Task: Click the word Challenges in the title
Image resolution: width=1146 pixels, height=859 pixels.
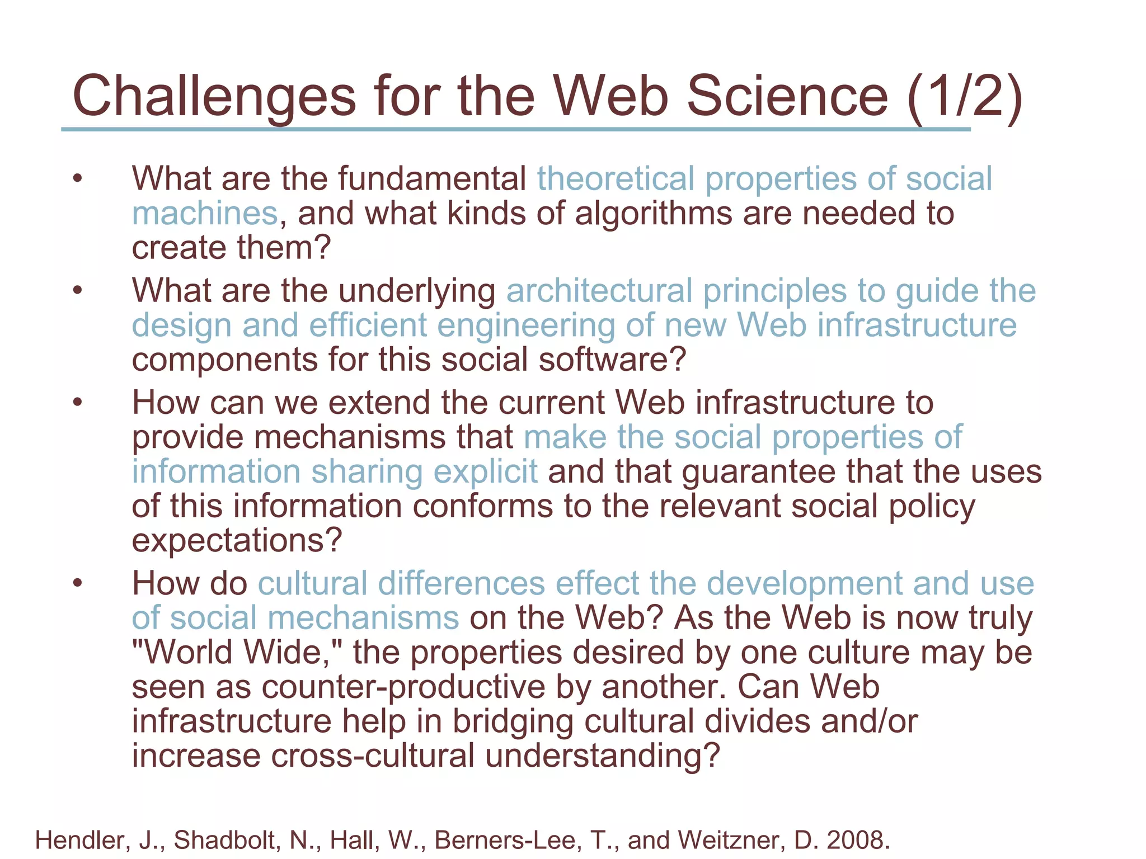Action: point(214,96)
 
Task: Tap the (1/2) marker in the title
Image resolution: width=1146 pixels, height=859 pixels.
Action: point(964,96)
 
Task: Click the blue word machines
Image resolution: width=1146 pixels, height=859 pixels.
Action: point(205,214)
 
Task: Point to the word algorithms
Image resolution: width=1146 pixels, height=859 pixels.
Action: point(653,214)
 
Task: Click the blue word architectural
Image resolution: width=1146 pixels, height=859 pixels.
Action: point(599,291)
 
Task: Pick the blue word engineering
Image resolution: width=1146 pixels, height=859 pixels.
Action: point(525,325)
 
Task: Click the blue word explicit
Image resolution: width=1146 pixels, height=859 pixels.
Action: point(485,471)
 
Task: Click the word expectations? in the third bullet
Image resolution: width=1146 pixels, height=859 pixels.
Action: point(237,541)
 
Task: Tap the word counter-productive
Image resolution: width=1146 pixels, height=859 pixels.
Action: point(403,687)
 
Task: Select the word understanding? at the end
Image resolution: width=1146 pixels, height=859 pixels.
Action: point(602,756)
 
